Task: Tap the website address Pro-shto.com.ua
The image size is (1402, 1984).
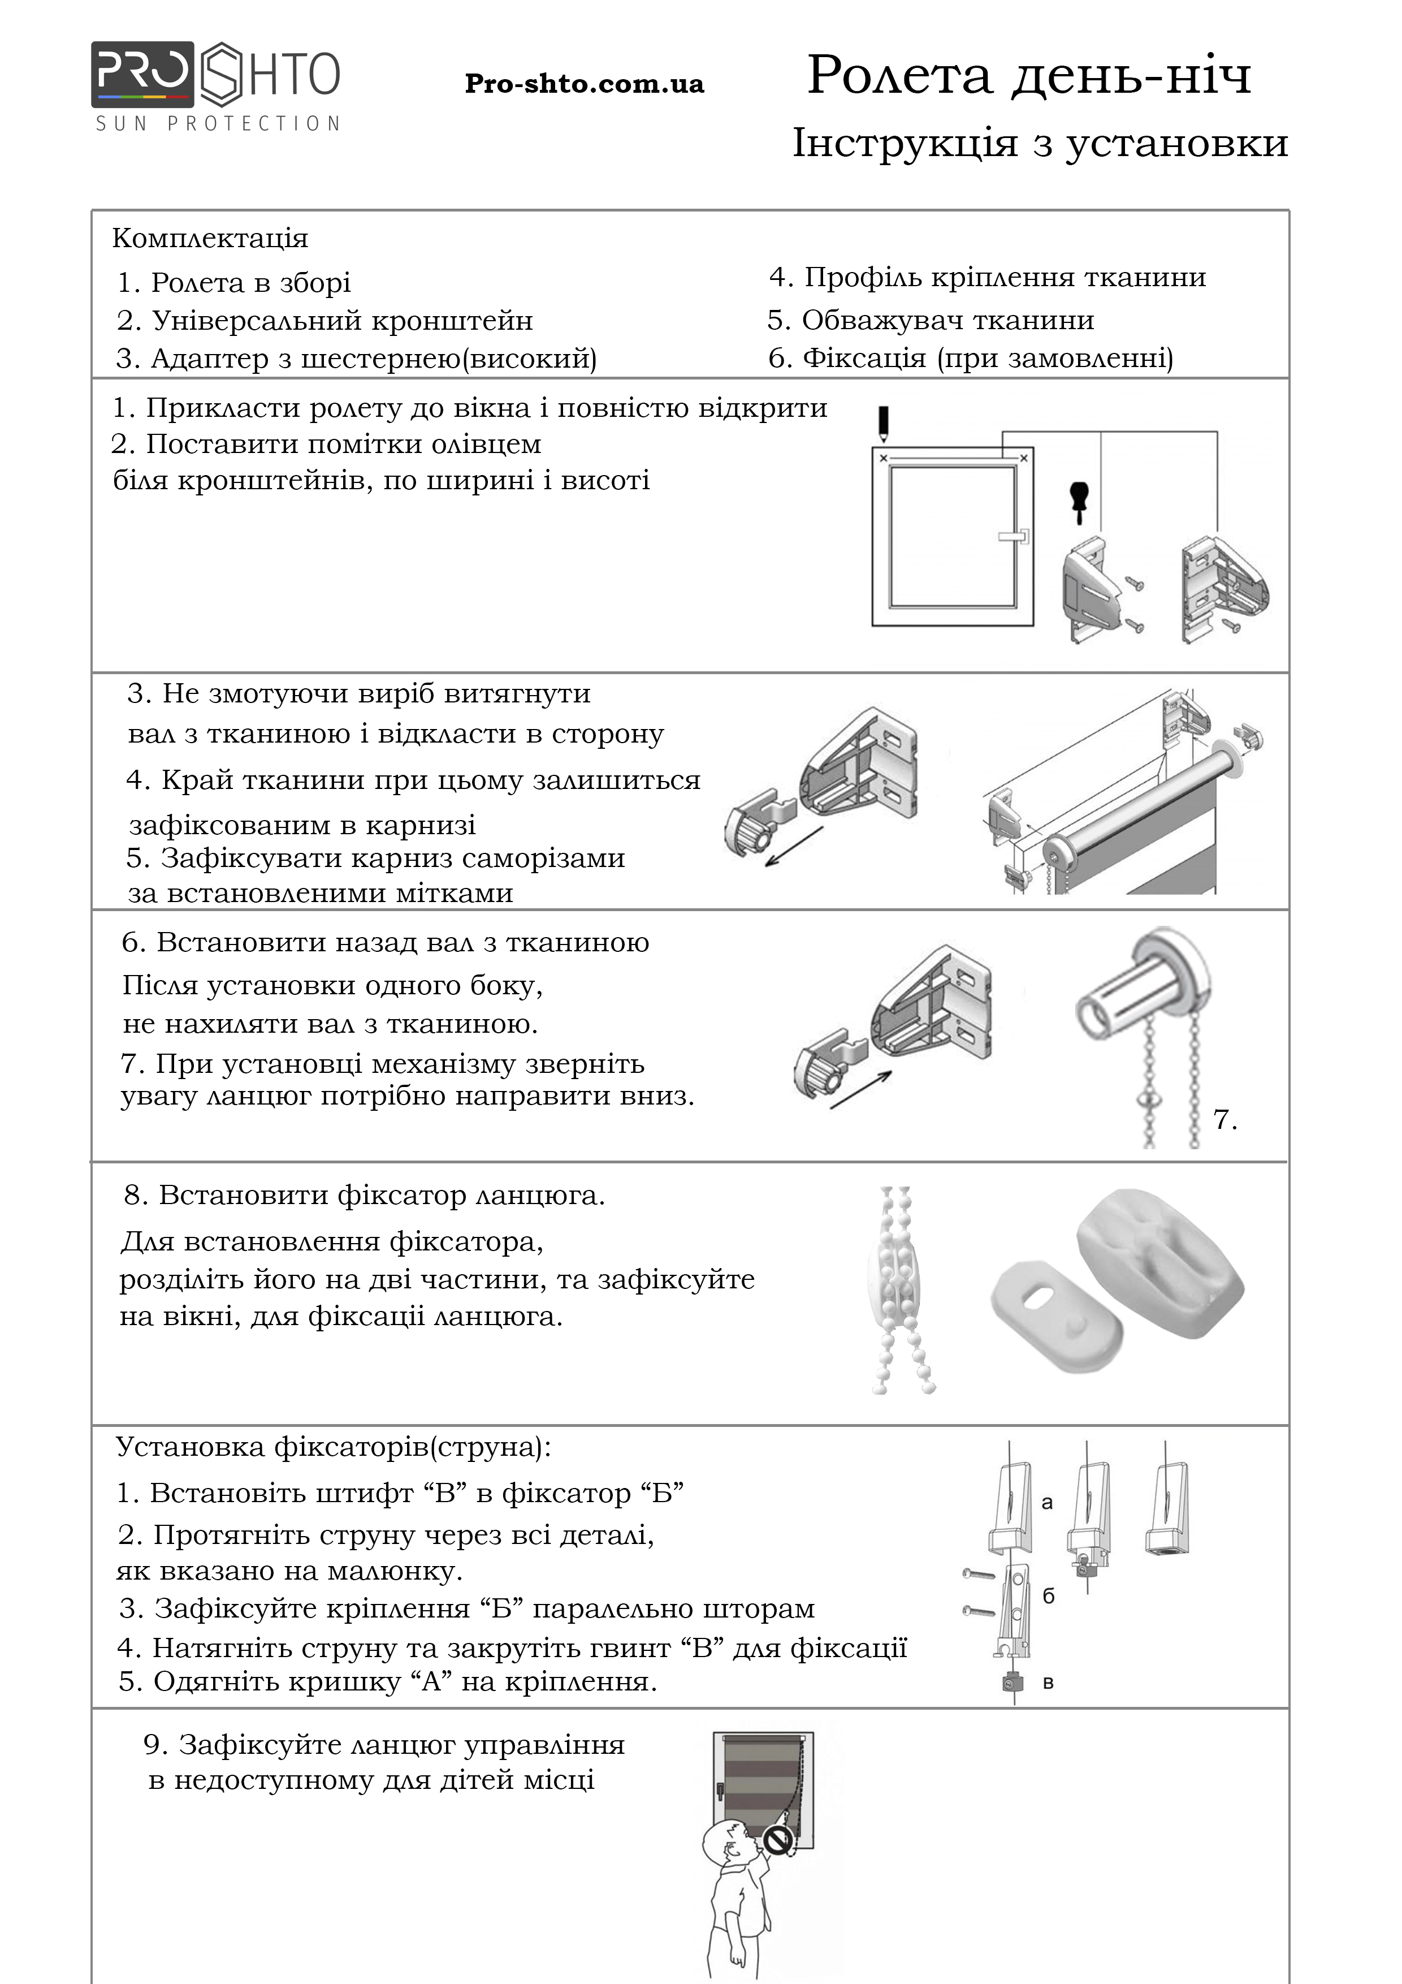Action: click(x=584, y=84)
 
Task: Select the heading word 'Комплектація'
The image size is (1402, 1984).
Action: click(x=210, y=239)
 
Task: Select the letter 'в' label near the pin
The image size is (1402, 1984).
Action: click(x=1048, y=1683)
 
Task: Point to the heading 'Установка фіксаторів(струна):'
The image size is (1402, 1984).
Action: click(x=332, y=1447)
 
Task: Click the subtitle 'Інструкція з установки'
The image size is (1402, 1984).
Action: click(x=1039, y=144)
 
